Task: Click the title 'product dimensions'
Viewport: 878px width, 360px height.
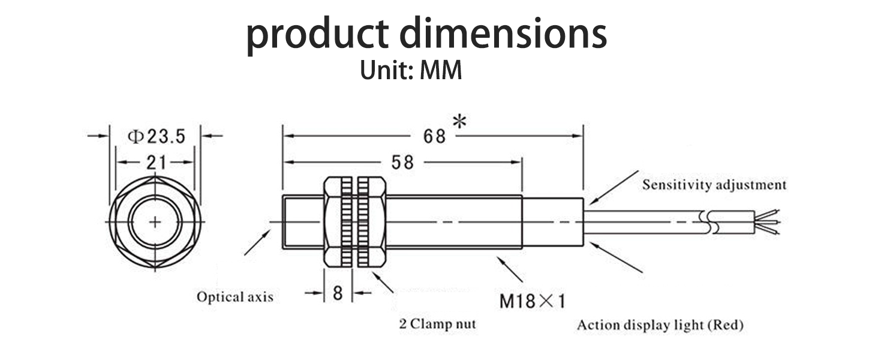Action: [x=426, y=35]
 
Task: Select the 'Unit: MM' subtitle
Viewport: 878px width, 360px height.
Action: [x=411, y=71]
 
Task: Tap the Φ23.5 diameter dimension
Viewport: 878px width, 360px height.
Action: [x=156, y=137]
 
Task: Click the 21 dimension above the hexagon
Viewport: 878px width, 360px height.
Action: [x=155, y=162]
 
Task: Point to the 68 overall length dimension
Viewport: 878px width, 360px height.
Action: [x=435, y=137]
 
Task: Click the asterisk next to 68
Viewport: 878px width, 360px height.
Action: [x=459, y=122]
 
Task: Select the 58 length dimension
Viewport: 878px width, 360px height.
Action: [x=402, y=162]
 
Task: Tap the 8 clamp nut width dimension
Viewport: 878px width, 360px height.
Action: [x=338, y=293]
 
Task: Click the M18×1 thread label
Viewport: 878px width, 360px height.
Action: [x=533, y=300]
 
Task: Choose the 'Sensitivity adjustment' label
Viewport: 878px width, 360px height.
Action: [x=714, y=185]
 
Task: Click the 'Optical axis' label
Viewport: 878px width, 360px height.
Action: [x=234, y=297]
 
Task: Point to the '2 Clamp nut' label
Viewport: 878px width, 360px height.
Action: [x=437, y=325]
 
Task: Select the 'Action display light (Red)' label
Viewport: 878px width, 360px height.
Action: [x=660, y=326]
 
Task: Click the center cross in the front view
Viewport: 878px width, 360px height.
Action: [x=155, y=223]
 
